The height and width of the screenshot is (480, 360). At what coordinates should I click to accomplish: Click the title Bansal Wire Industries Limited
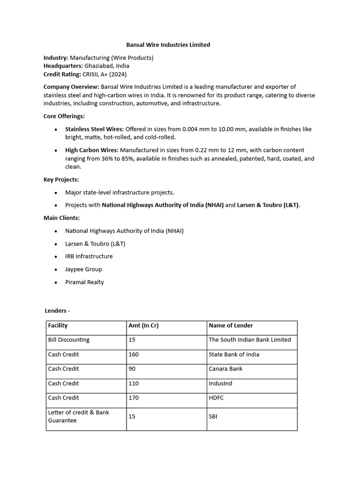pyautogui.click(x=168, y=45)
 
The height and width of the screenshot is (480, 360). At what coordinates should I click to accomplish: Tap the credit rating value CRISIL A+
pyautogui.click(x=96, y=74)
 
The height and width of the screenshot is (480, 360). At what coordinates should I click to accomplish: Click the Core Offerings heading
pyautogui.click(x=64, y=116)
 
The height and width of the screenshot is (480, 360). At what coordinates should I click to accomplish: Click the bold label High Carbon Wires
pyautogui.click(x=92, y=150)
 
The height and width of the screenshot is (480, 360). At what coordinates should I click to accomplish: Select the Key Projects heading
pyautogui.click(x=61, y=180)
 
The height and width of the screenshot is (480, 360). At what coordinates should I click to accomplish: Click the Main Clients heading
pyautogui.click(x=61, y=218)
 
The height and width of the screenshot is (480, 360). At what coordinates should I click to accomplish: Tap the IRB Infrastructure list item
pyautogui.click(x=89, y=256)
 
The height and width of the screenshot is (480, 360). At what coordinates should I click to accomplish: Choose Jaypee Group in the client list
pyautogui.click(x=83, y=270)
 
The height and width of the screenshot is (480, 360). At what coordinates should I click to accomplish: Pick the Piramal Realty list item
pyautogui.click(x=84, y=282)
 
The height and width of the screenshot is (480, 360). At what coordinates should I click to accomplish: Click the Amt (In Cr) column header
pyautogui.click(x=143, y=326)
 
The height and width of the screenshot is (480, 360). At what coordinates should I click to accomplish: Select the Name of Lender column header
pyautogui.click(x=231, y=326)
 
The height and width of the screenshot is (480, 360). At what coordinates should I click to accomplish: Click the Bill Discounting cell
pyautogui.click(x=68, y=340)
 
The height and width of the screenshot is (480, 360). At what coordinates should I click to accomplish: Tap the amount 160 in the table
pyautogui.click(x=134, y=354)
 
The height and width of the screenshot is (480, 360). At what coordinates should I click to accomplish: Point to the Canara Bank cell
pyautogui.click(x=225, y=369)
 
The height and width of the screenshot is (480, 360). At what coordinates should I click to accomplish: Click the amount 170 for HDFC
pyautogui.click(x=134, y=398)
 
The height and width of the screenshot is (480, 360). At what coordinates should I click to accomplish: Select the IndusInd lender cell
pyautogui.click(x=220, y=383)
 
